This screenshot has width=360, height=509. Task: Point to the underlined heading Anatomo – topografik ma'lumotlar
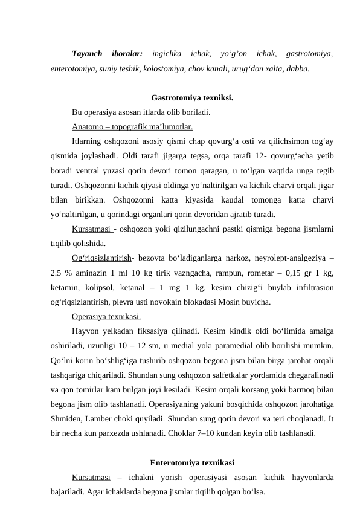pyautogui.click(x=132, y=127)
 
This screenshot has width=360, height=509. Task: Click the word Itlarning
pyautogui.click(x=88, y=141)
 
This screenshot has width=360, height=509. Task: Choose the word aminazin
pyautogui.click(x=97, y=273)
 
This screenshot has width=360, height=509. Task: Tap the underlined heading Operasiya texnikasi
pyautogui.click(x=106, y=316)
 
